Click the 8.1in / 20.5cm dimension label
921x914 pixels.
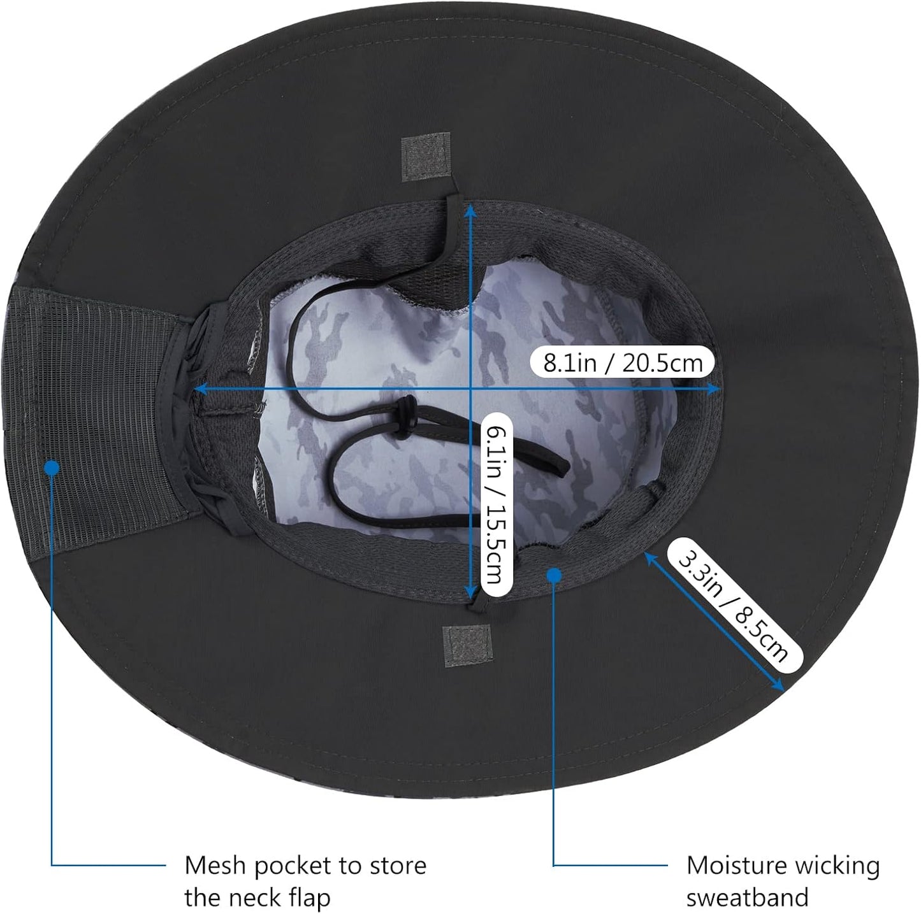(x=623, y=364)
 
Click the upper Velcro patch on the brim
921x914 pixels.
(x=425, y=157)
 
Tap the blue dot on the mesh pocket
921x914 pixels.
(x=52, y=468)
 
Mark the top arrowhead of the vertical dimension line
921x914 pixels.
(x=471, y=208)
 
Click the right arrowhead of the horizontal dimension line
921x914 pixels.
(x=713, y=389)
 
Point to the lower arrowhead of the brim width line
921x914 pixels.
(x=779, y=686)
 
